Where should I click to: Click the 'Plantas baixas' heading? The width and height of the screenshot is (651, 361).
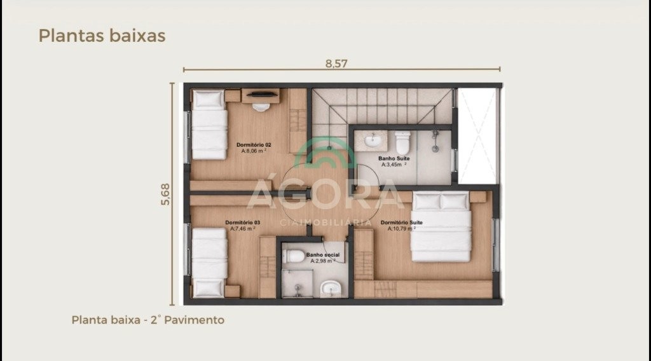(x=102, y=36)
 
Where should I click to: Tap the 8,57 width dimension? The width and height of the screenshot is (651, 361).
(x=336, y=64)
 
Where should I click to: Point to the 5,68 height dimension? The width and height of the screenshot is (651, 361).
(x=165, y=194)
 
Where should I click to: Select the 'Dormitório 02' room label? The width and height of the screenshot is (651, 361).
(x=254, y=145)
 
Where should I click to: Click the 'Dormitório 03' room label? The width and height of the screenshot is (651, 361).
(x=242, y=222)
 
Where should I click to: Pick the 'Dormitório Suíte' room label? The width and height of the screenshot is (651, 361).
(x=402, y=222)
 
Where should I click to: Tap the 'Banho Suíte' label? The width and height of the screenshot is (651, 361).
(x=394, y=158)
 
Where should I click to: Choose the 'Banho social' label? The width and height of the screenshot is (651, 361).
(x=322, y=255)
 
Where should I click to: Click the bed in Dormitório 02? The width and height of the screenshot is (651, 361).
(x=209, y=125)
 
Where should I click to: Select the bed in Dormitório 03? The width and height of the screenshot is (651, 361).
(x=209, y=262)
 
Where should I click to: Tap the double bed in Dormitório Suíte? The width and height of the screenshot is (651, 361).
(x=441, y=227)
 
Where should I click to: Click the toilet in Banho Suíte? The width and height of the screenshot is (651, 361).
(x=402, y=142)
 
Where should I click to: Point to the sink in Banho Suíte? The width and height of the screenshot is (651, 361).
(x=373, y=140)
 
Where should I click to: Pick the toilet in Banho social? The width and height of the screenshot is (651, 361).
(x=294, y=256)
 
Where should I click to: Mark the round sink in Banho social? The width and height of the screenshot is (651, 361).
(x=331, y=287)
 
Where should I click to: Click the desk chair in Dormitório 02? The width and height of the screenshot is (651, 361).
(x=261, y=107)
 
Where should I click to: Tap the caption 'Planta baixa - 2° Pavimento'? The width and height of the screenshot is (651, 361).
(x=147, y=320)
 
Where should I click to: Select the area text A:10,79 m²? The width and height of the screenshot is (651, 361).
(x=402, y=229)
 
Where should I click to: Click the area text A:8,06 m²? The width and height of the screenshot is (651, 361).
(x=254, y=151)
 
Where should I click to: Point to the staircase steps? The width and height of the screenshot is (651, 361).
(x=382, y=106)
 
